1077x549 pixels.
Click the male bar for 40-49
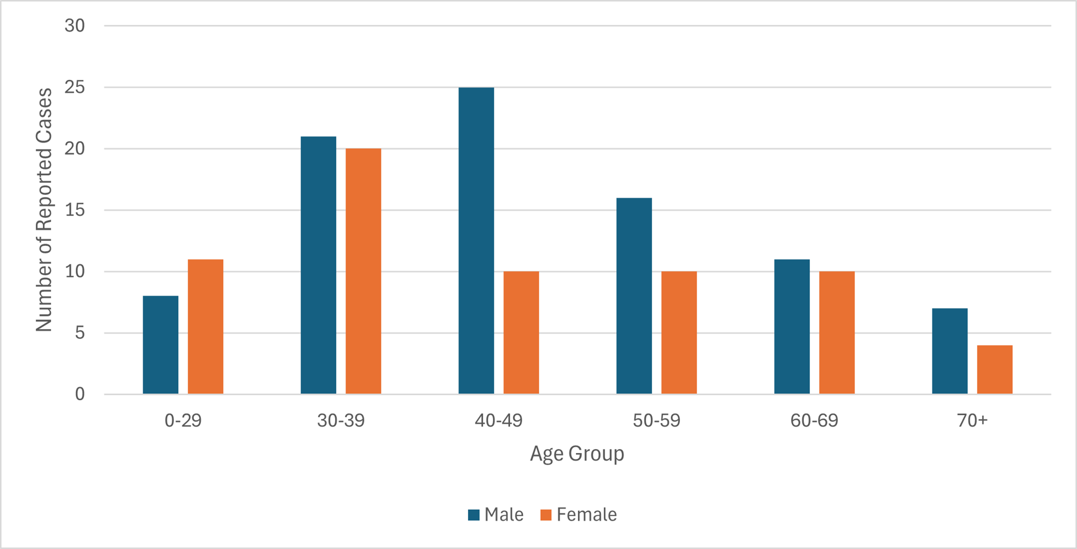click(476, 241)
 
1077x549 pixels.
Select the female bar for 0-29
click(205, 326)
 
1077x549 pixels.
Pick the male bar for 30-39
click(318, 265)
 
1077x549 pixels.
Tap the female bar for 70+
click(995, 370)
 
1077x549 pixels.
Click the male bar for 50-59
click(634, 296)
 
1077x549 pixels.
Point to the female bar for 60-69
click(836, 333)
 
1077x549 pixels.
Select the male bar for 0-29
click(161, 345)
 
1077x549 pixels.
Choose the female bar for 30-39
click(363, 271)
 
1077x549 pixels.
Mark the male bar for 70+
click(949, 351)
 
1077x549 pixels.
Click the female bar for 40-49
click(521, 333)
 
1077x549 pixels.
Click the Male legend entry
click(496, 515)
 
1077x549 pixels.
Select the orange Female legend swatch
click(546, 515)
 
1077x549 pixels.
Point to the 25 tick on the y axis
click(74, 87)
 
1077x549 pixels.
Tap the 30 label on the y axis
click(74, 26)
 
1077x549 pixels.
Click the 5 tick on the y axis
click(79, 333)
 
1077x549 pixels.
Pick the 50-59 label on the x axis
click(656, 420)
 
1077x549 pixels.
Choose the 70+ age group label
click(972, 420)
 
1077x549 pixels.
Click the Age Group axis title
click(577, 454)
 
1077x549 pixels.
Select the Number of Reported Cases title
click(44, 210)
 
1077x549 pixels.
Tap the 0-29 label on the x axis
click(183, 420)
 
